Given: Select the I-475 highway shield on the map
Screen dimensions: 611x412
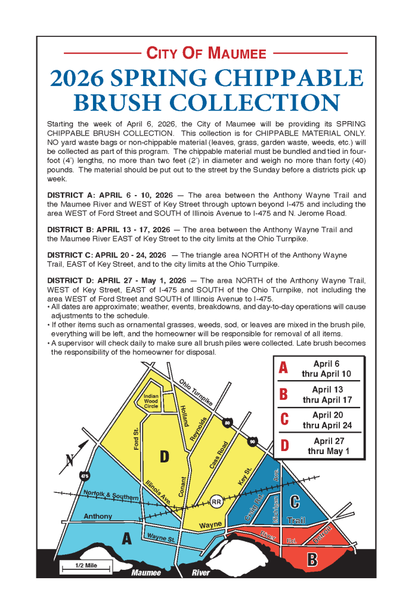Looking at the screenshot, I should click(84, 476).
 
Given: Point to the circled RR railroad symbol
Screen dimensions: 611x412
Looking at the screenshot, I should click(216, 502).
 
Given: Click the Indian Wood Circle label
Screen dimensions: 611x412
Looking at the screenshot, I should click(151, 400).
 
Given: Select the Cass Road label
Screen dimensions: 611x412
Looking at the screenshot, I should click(219, 454).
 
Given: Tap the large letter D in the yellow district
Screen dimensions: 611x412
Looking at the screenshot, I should click(165, 457).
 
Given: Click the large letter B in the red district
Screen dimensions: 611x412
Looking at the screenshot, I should click(312, 559).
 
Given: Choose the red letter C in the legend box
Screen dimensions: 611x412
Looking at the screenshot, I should click(284, 419).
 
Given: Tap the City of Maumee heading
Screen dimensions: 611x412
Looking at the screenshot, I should click(206, 54).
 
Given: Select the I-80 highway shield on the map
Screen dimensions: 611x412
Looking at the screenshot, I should click(227, 423).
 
